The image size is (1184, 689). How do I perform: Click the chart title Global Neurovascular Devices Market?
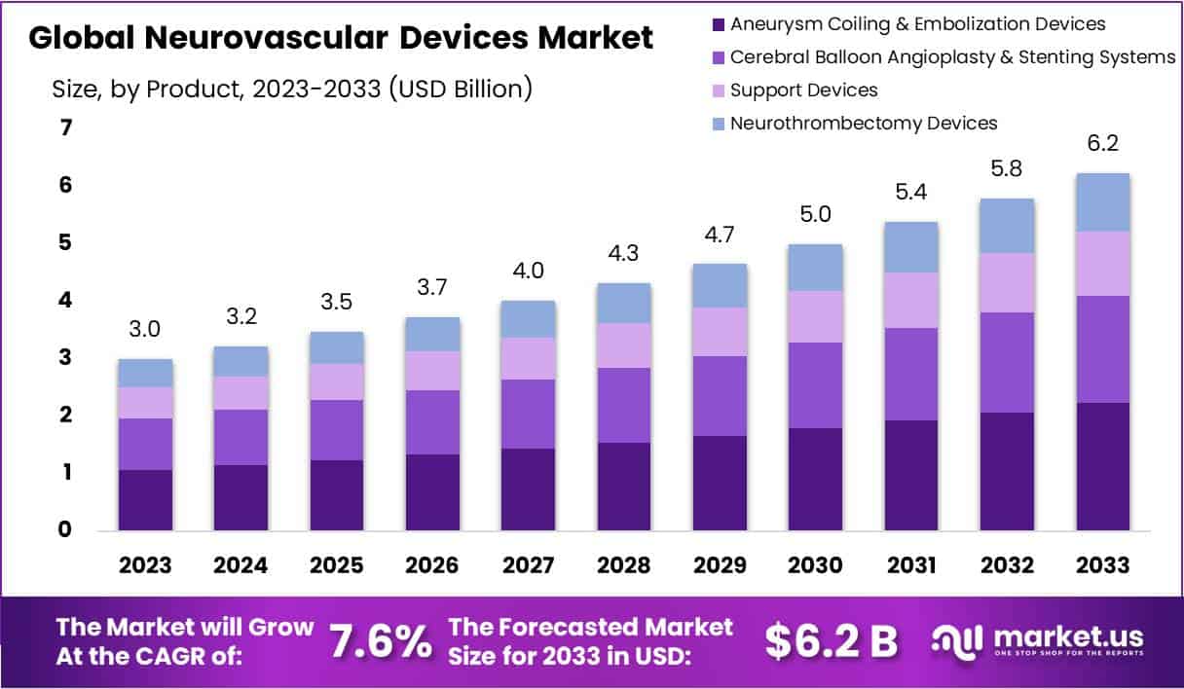(x=341, y=38)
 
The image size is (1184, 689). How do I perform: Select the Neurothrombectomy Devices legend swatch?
(x=719, y=124)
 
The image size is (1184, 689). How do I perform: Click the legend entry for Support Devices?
(x=803, y=91)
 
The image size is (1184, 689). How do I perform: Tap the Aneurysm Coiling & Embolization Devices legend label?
(x=917, y=23)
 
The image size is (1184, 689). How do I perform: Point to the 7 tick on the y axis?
(x=66, y=127)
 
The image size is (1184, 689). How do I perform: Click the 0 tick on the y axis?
(x=66, y=530)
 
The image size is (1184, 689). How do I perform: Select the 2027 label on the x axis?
(x=529, y=565)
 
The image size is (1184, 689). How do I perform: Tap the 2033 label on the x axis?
(x=1103, y=565)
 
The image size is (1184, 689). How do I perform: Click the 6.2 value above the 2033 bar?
(x=1103, y=144)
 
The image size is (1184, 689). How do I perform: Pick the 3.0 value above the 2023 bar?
(x=145, y=330)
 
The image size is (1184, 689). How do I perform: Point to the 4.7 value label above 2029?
(x=720, y=235)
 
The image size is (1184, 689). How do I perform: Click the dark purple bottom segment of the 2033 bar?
(x=1103, y=467)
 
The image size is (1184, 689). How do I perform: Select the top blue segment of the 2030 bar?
(x=815, y=268)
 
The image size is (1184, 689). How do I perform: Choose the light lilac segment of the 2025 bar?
(x=337, y=381)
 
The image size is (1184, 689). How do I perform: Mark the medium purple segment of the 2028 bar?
(x=624, y=405)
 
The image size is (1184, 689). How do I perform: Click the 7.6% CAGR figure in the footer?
(x=380, y=641)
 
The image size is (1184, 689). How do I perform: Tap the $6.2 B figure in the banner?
(x=831, y=641)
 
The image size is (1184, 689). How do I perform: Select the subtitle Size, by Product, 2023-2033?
(x=292, y=90)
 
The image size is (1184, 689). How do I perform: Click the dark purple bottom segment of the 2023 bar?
(x=145, y=500)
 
